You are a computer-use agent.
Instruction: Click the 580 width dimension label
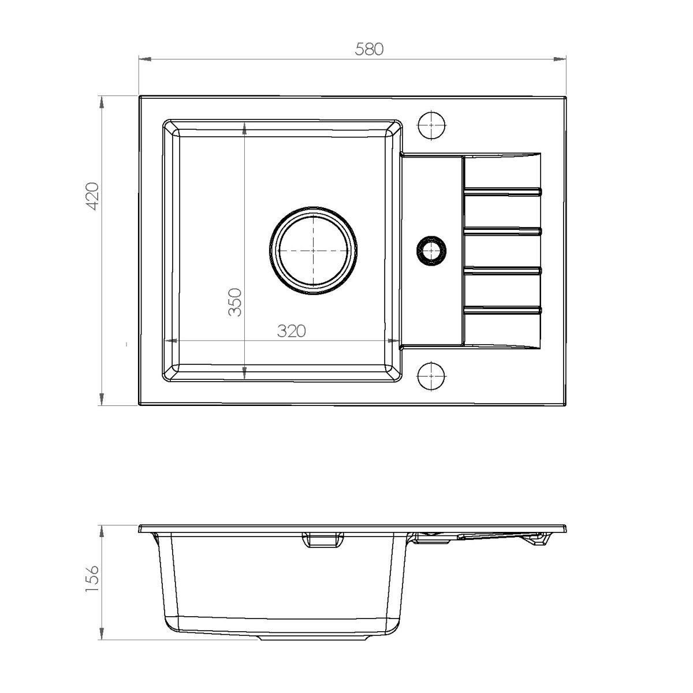369,49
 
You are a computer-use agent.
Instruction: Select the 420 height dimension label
92,196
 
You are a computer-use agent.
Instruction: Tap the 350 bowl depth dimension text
234,301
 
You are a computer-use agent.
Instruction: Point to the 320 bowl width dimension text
291,331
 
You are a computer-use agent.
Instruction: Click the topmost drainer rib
503,191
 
